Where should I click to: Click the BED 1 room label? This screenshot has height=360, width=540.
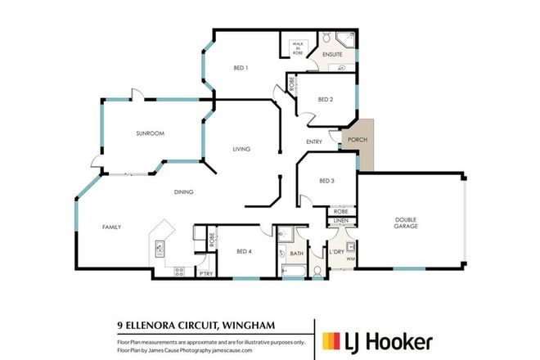(x=241, y=68)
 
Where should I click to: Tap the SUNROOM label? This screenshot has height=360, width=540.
(x=151, y=133)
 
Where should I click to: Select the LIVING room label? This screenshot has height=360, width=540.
(x=241, y=149)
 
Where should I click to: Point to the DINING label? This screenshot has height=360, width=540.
(x=182, y=192)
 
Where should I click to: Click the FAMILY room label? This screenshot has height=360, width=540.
(x=112, y=227)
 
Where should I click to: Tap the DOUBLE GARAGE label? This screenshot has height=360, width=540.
(x=407, y=222)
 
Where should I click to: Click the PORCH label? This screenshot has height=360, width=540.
(x=358, y=139)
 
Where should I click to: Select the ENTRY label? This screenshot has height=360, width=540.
(x=314, y=142)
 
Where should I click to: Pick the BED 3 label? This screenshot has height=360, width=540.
(x=326, y=181)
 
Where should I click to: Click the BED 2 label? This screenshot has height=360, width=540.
(x=325, y=100)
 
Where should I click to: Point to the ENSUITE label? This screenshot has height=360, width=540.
(x=331, y=55)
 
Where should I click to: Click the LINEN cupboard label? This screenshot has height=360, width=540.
(x=342, y=221)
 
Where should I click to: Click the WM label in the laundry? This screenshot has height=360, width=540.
(x=350, y=259)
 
